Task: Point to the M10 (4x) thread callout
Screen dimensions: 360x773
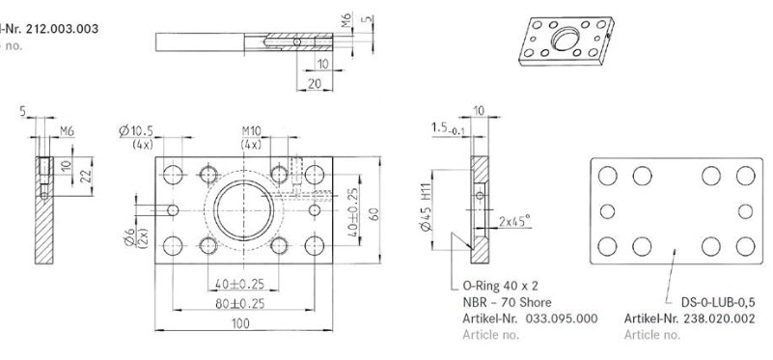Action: (252, 136)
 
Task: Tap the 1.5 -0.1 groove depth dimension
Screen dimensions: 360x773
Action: (446, 127)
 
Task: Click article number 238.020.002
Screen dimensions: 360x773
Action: (690, 318)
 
